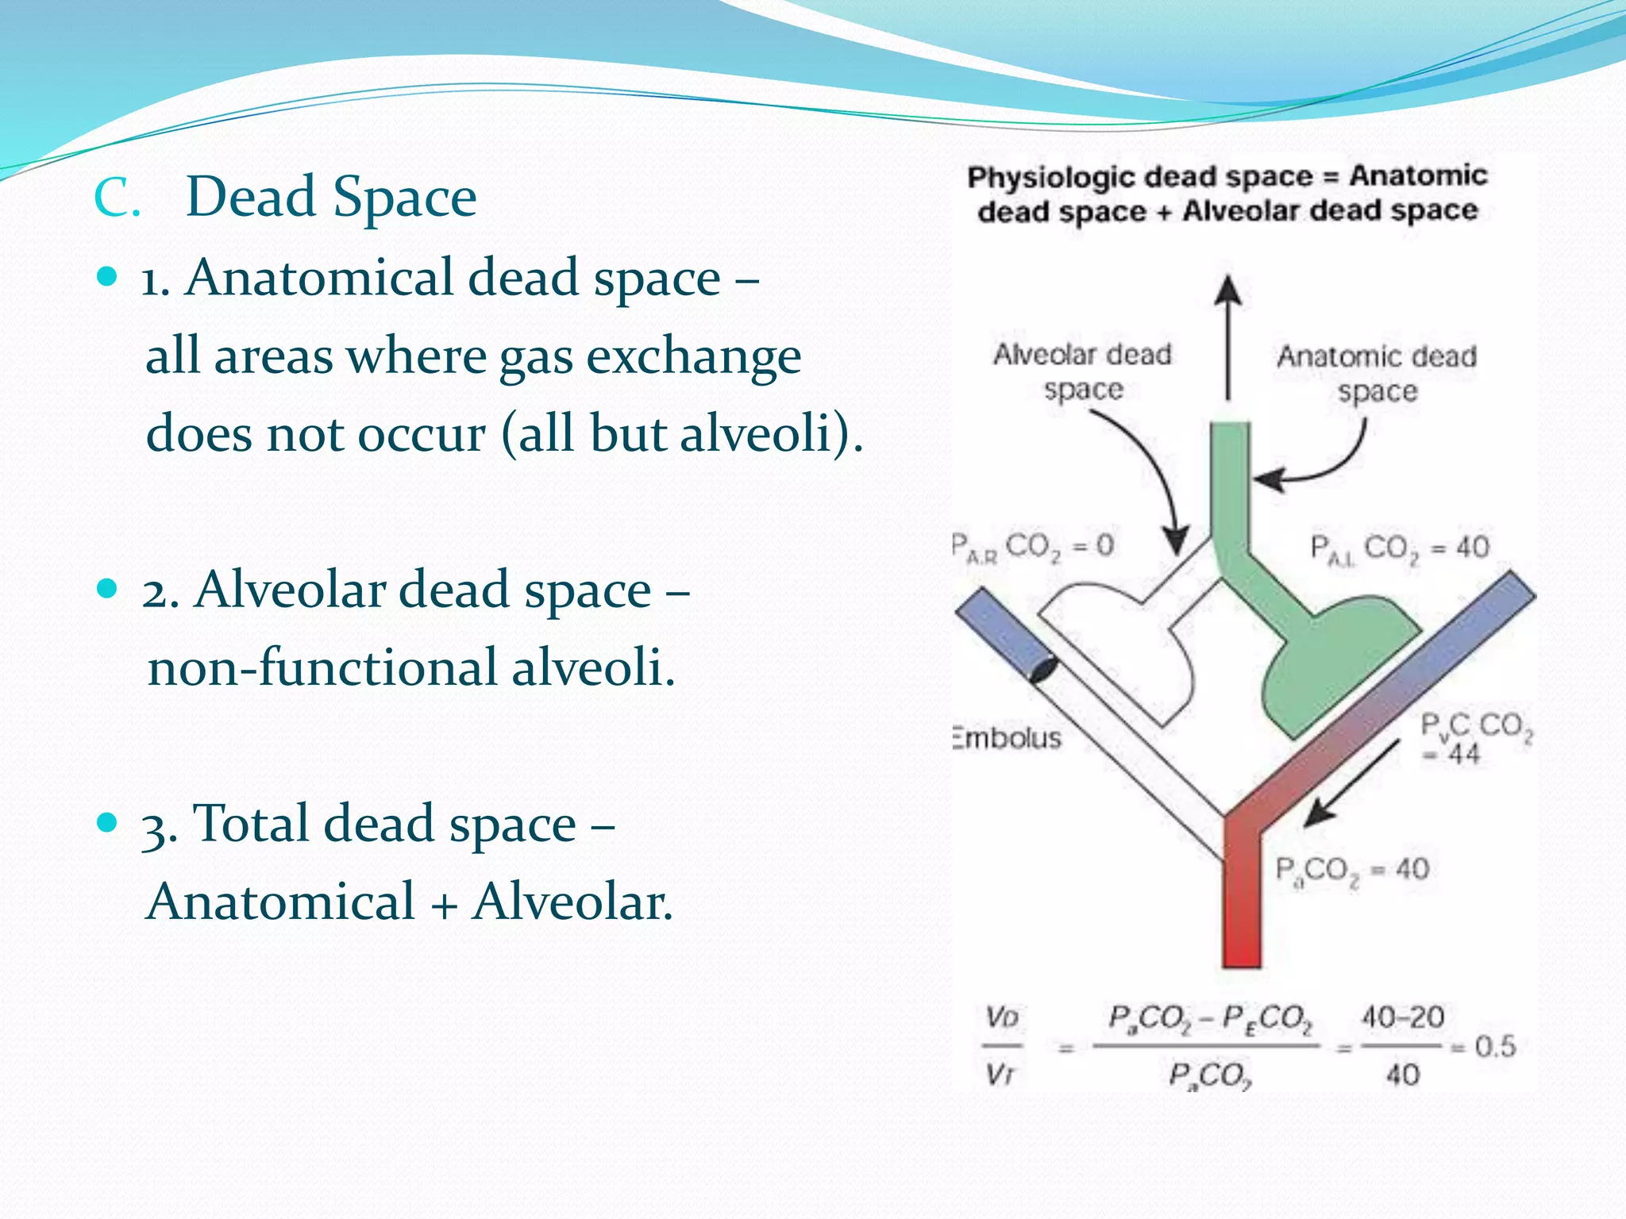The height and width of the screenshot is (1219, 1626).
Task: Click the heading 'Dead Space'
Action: click(330, 197)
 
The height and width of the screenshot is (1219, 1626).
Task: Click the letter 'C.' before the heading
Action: click(117, 198)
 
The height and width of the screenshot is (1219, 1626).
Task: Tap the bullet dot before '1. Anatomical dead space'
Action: click(106, 277)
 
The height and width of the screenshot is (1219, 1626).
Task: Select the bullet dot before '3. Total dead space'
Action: click(106, 822)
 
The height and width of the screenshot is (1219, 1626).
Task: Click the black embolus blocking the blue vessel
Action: click(1042, 671)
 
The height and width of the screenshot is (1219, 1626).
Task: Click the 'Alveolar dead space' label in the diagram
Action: click(1083, 371)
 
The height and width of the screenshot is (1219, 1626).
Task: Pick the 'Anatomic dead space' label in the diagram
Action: click(1377, 373)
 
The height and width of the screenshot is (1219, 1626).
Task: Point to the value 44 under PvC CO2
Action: click(1463, 753)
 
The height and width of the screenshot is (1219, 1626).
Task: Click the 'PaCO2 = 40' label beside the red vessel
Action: click(1352, 870)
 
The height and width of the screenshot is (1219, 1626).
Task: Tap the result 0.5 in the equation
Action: click(1495, 1046)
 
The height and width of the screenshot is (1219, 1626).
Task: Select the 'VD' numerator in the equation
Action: click(1002, 1017)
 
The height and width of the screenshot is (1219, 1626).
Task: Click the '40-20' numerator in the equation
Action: click(1403, 1017)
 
